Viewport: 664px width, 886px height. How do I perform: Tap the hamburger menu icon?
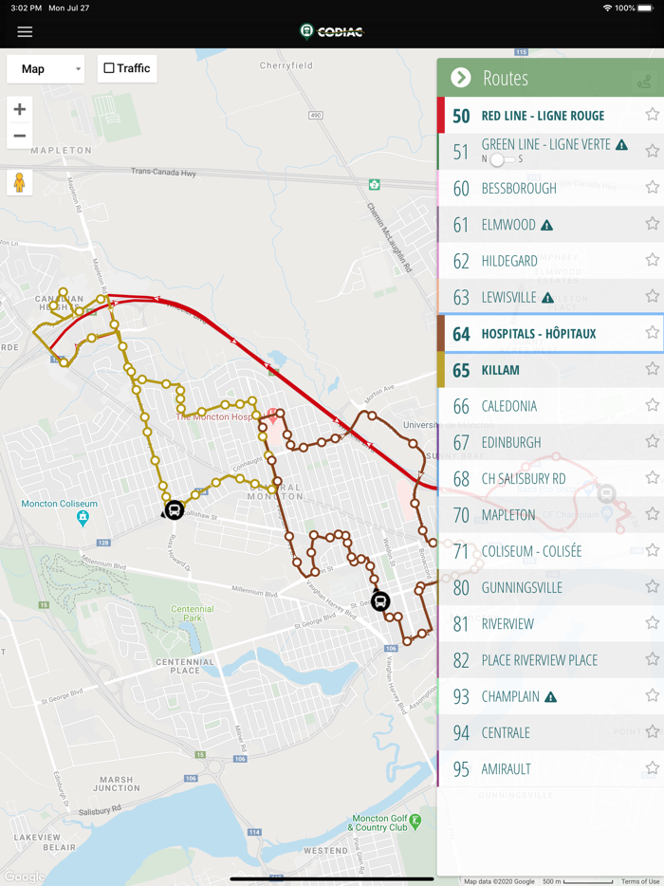[x=25, y=32]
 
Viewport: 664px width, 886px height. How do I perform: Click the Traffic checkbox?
[x=109, y=68]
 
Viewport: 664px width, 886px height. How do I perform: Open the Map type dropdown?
[x=46, y=68]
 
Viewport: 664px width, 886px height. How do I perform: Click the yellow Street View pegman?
[x=19, y=182]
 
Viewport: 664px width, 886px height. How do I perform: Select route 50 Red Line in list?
[x=543, y=116]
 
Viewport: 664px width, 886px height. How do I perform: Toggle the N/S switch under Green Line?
[x=501, y=159]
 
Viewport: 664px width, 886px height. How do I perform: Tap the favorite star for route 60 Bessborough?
[x=652, y=188]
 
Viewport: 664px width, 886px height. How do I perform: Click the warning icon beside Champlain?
[x=550, y=697]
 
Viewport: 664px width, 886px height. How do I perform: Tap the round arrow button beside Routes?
[x=461, y=78]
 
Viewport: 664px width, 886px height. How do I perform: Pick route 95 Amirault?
[x=506, y=769]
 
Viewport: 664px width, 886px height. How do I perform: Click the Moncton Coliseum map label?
[x=59, y=504]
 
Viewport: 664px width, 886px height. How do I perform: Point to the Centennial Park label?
[x=193, y=614]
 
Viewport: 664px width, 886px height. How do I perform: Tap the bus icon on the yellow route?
[x=175, y=510]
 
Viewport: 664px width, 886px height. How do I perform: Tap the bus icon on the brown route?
[x=380, y=601]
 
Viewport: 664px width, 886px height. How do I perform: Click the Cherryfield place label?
[x=286, y=65]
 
